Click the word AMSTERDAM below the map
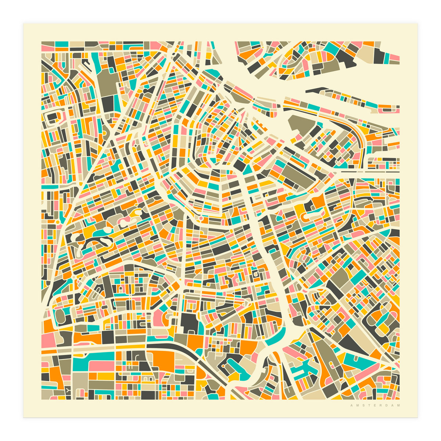375,406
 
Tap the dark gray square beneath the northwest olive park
108,102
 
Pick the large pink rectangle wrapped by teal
101,366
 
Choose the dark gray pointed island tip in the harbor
316,89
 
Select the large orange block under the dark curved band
162,360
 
